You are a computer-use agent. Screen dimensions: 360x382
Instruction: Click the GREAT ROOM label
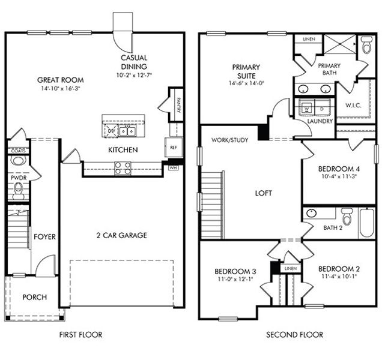coord(60,80)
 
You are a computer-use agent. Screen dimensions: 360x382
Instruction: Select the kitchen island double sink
coord(126,131)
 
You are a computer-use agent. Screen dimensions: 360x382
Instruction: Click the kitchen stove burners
coord(123,168)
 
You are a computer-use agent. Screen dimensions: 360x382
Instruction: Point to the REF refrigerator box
coord(174,147)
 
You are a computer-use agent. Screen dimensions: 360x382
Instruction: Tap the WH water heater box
coord(174,168)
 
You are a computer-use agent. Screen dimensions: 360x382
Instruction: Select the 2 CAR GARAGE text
coord(120,235)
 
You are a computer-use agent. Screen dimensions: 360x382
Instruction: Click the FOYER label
coord(44,237)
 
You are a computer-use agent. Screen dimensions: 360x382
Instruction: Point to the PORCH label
coord(34,298)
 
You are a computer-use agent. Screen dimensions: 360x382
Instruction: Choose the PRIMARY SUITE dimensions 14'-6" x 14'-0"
coord(247,83)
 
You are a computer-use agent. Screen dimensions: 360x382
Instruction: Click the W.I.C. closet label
coord(353,106)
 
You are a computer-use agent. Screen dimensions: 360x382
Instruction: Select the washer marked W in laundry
coord(308,109)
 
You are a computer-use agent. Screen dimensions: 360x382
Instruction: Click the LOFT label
coord(263,193)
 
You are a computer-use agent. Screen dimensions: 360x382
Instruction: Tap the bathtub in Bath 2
coord(366,224)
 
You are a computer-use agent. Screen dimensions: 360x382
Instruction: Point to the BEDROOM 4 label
coord(338,169)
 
